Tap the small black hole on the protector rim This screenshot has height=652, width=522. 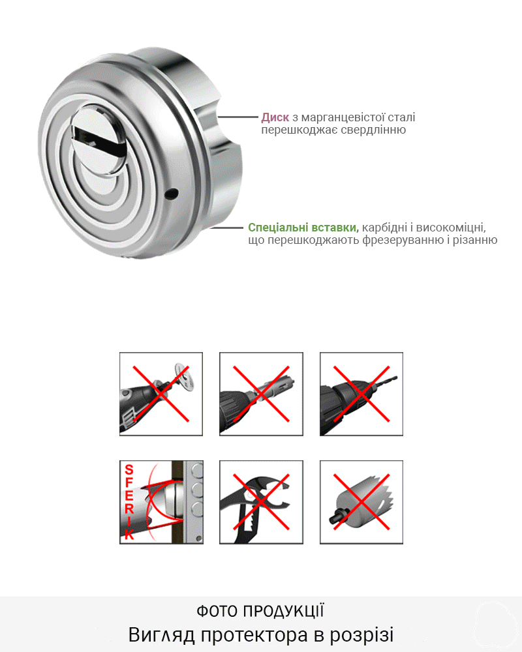(x=172, y=194)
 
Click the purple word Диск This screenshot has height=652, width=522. (x=275, y=117)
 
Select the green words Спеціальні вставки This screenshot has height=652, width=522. (x=303, y=228)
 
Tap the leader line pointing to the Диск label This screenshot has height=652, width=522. (x=238, y=117)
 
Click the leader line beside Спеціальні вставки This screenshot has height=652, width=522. (x=226, y=228)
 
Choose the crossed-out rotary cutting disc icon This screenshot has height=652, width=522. (x=161, y=394)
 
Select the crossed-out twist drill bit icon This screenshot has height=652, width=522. (x=361, y=394)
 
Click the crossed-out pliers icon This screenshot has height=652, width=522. (x=261, y=502)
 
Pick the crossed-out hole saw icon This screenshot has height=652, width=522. (x=361, y=502)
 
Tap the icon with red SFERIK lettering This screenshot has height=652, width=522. (x=161, y=502)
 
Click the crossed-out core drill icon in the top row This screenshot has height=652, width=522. (x=261, y=394)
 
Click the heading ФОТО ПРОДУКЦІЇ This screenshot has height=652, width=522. (x=260, y=612)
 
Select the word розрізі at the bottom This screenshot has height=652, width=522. (x=361, y=635)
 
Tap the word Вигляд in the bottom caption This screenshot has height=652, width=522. (x=162, y=635)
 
